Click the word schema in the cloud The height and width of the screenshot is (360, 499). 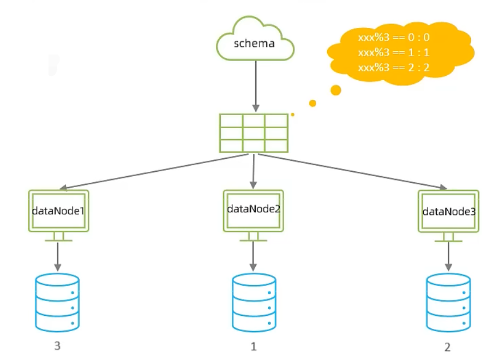point(254,43)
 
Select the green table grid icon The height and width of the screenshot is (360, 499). point(254,133)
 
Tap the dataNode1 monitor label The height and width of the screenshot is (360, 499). point(58,211)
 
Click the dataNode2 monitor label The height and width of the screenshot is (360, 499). point(254,209)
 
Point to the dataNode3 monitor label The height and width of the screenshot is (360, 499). point(449,212)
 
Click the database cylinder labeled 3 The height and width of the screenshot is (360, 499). point(57,302)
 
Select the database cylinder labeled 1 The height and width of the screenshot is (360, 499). point(254,302)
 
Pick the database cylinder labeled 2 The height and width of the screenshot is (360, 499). point(448,302)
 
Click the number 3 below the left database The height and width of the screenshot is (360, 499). point(57,346)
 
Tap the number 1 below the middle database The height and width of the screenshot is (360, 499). point(254,346)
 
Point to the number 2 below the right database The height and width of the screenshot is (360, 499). point(447,347)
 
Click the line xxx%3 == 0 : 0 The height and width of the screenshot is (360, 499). point(394,38)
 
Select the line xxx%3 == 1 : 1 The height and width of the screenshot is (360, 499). point(394,52)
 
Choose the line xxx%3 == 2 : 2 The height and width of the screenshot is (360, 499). point(394,68)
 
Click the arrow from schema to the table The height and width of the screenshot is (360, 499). point(256,86)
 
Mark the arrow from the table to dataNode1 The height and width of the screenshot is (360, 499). point(154,172)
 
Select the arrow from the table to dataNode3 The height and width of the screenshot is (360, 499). point(353,172)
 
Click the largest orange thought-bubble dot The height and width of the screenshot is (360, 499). point(336,90)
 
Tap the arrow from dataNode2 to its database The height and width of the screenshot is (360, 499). point(254,256)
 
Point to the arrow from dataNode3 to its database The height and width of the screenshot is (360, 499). point(448,256)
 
